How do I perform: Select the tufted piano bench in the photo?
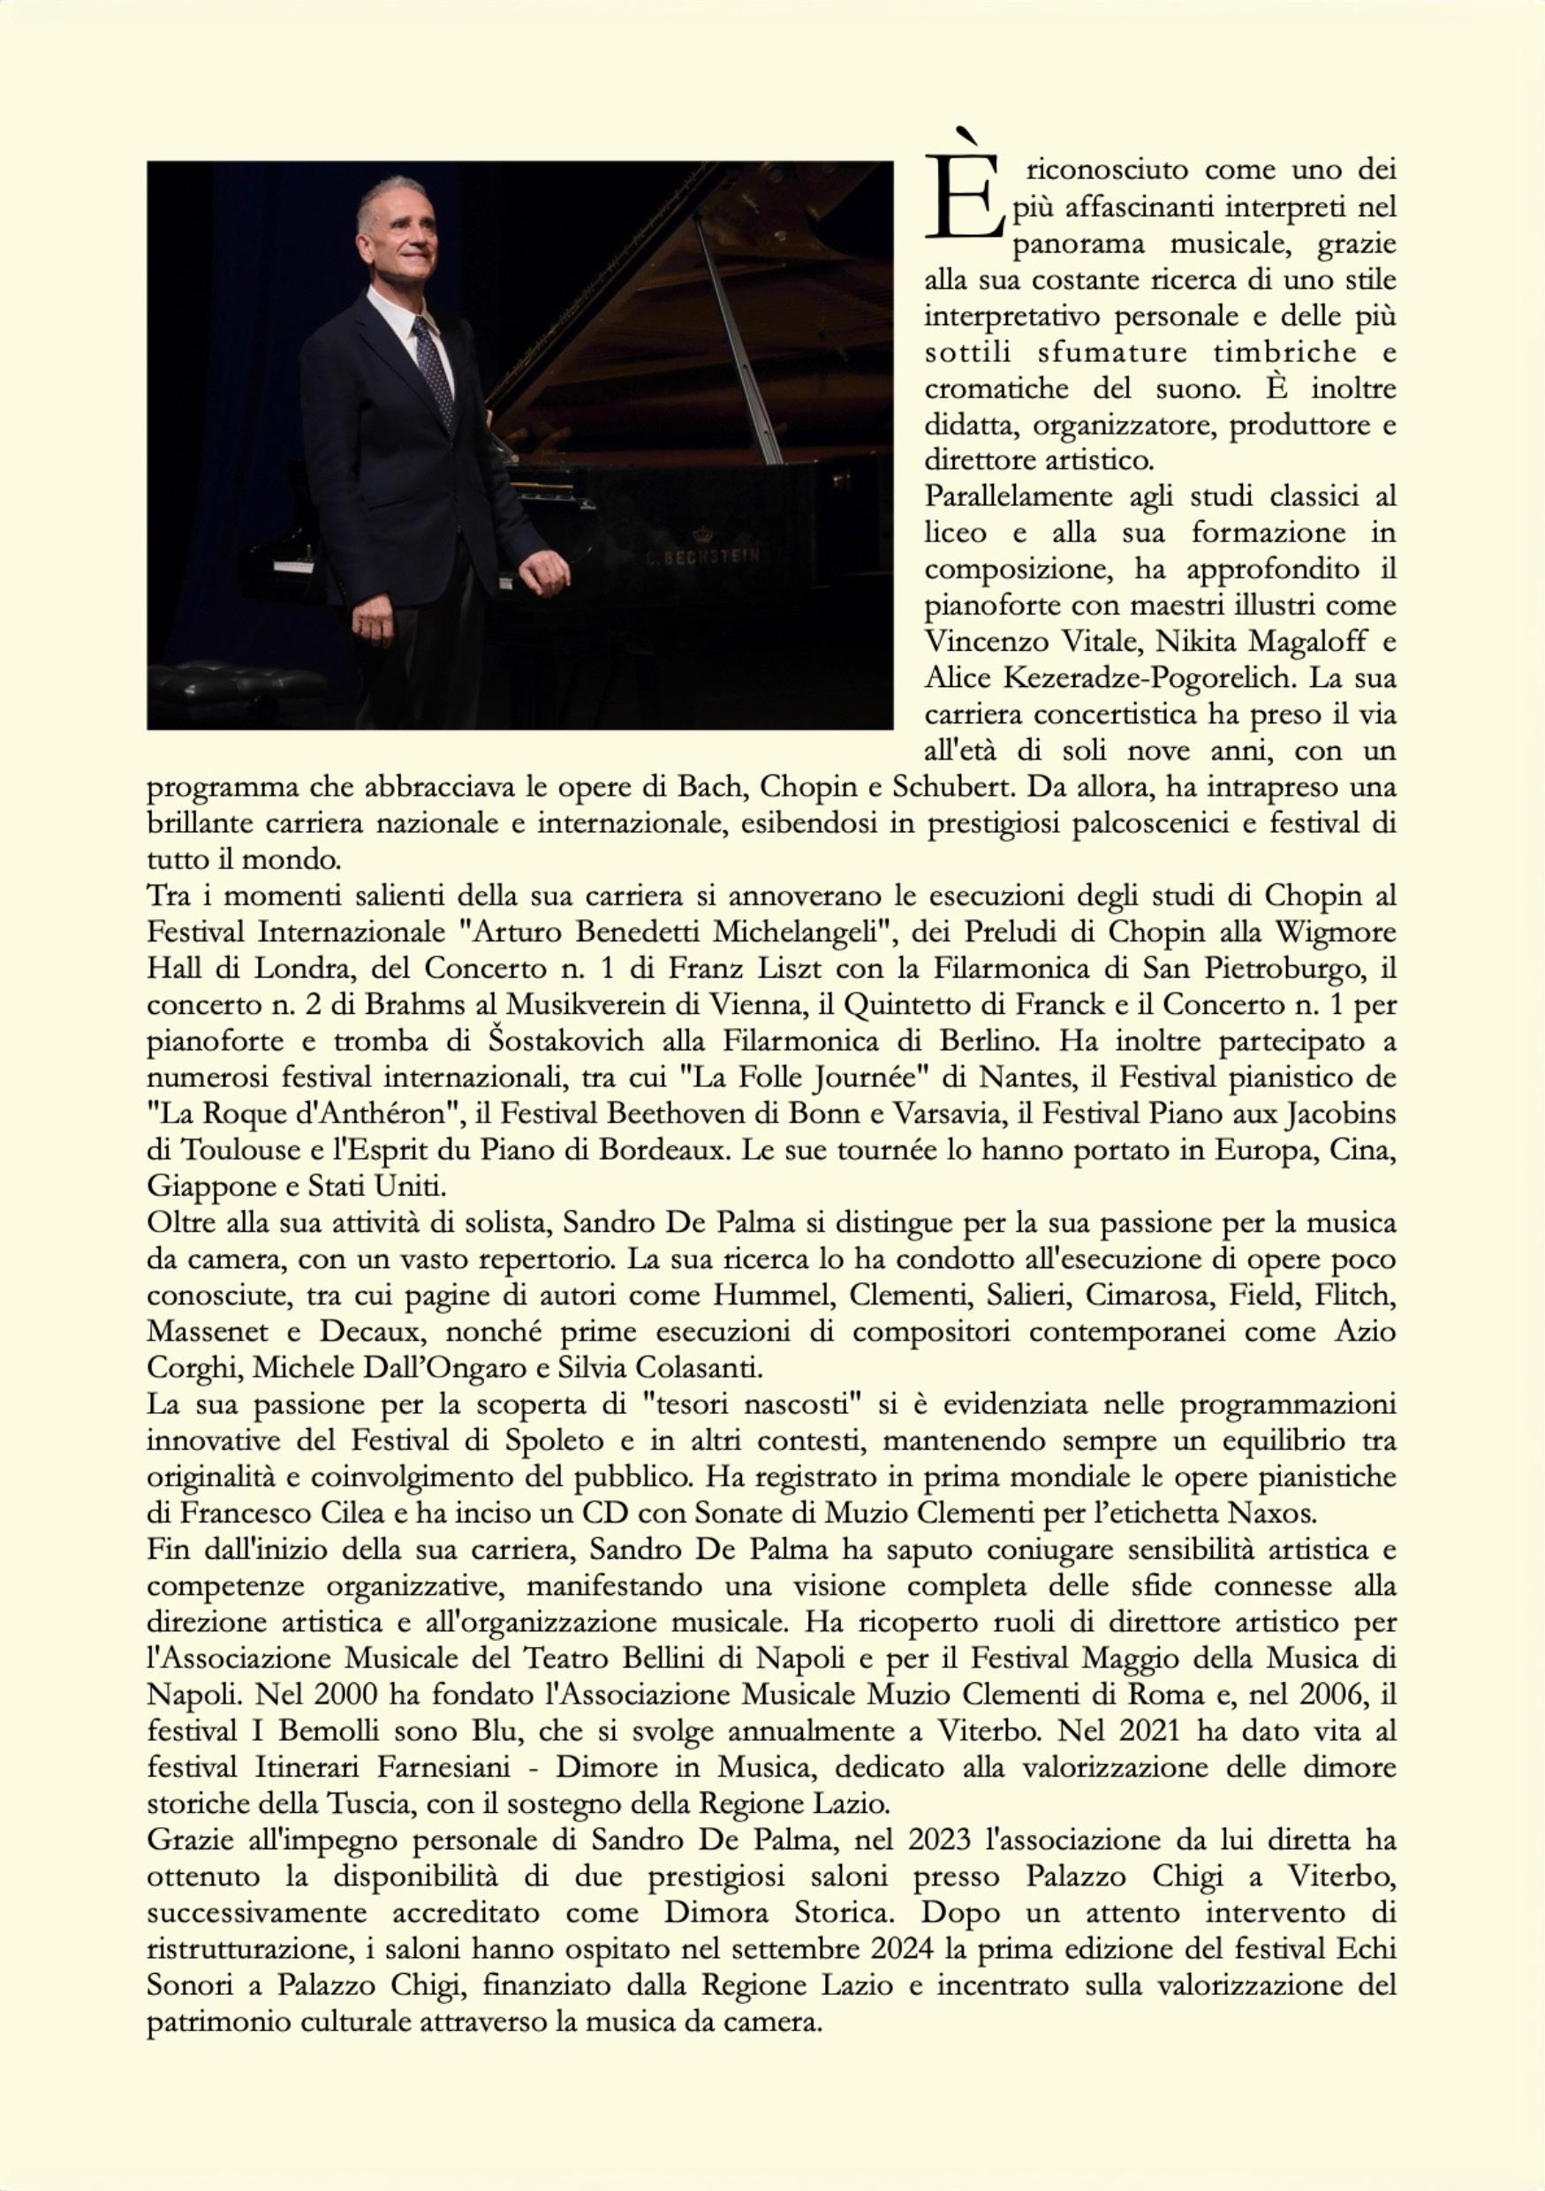(239, 688)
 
